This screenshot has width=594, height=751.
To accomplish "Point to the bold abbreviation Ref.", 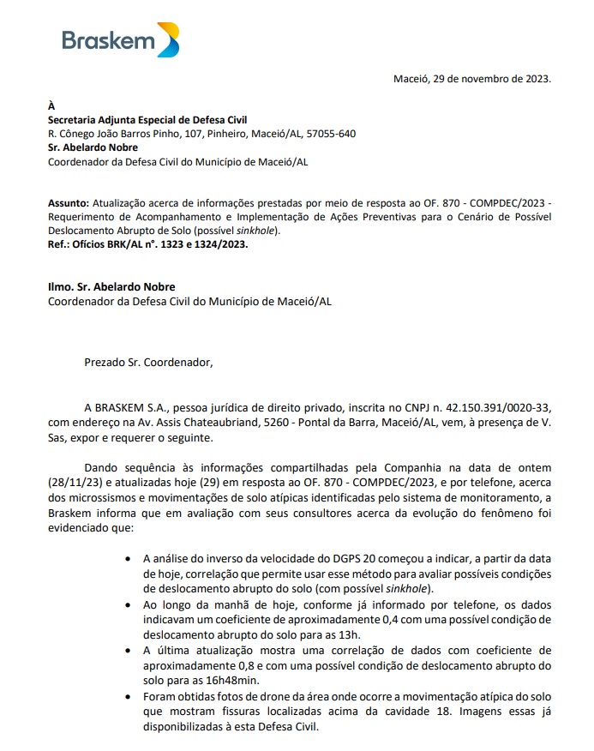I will [58, 244].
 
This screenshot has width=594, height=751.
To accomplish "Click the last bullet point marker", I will [128, 696].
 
